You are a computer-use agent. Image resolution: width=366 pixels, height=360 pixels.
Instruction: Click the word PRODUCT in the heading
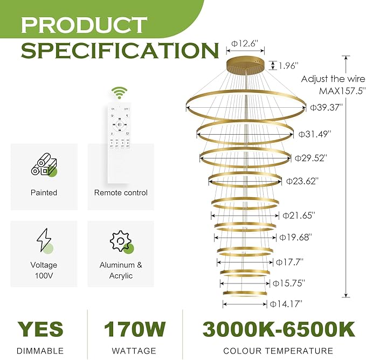[84, 25]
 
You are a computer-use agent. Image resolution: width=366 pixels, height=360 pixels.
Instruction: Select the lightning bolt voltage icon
[44, 240]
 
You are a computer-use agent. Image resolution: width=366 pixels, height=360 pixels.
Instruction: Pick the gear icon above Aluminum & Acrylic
[120, 242]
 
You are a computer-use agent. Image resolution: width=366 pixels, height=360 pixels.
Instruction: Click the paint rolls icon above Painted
[44, 165]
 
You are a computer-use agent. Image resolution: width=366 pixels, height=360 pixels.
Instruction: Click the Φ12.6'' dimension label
[245, 43]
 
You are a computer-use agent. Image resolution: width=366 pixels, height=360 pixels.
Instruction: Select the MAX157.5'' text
[342, 91]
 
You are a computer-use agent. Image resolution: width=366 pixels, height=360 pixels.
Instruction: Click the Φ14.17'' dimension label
[286, 304]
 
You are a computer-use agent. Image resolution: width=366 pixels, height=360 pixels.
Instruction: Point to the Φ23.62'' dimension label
[303, 182]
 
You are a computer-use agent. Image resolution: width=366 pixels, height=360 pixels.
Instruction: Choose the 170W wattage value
[134, 329]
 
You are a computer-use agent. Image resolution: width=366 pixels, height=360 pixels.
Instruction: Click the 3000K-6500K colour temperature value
[279, 329]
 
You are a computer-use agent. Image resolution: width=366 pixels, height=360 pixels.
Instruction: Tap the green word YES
[40, 329]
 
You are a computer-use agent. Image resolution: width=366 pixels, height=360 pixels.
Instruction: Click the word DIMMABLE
[40, 351]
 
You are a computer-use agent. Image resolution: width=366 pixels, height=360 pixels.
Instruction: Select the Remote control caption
[121, 192]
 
